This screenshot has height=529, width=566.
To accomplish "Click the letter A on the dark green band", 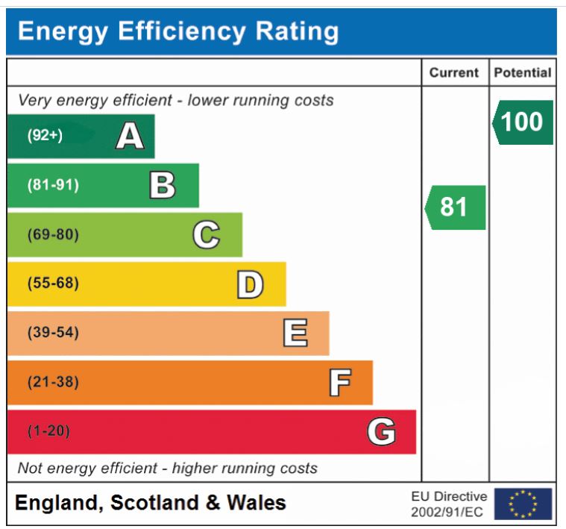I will [130, 137].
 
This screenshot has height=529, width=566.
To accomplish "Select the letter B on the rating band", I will [163, 186].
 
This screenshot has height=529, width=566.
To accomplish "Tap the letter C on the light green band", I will [207, 235].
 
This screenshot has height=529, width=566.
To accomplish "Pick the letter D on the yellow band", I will [250, 284].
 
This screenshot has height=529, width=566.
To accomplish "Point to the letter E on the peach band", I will [295, 333].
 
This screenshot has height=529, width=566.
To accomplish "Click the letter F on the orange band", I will [340, 383].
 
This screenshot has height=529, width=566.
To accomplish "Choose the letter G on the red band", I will [381, 431].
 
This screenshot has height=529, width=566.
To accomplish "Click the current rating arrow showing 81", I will [456, 207].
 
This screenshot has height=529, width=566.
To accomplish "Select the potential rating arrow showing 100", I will [522, 122].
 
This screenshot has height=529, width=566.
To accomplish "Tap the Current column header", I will [454, 73].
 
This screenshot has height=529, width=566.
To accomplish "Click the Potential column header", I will [522, 73].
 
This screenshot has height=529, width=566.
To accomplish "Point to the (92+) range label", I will [45, 136].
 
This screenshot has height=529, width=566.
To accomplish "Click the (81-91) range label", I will [53, 185].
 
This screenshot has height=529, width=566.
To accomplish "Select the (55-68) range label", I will [53, 284].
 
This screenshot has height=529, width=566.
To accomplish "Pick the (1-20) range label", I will [48, 431].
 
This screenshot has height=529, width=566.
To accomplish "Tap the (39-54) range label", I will [53, 333].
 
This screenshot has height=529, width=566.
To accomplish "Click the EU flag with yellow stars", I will [523, 504].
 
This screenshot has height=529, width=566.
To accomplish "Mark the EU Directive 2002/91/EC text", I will [449, 504].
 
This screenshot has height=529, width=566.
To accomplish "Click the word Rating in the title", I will [297, 31].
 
